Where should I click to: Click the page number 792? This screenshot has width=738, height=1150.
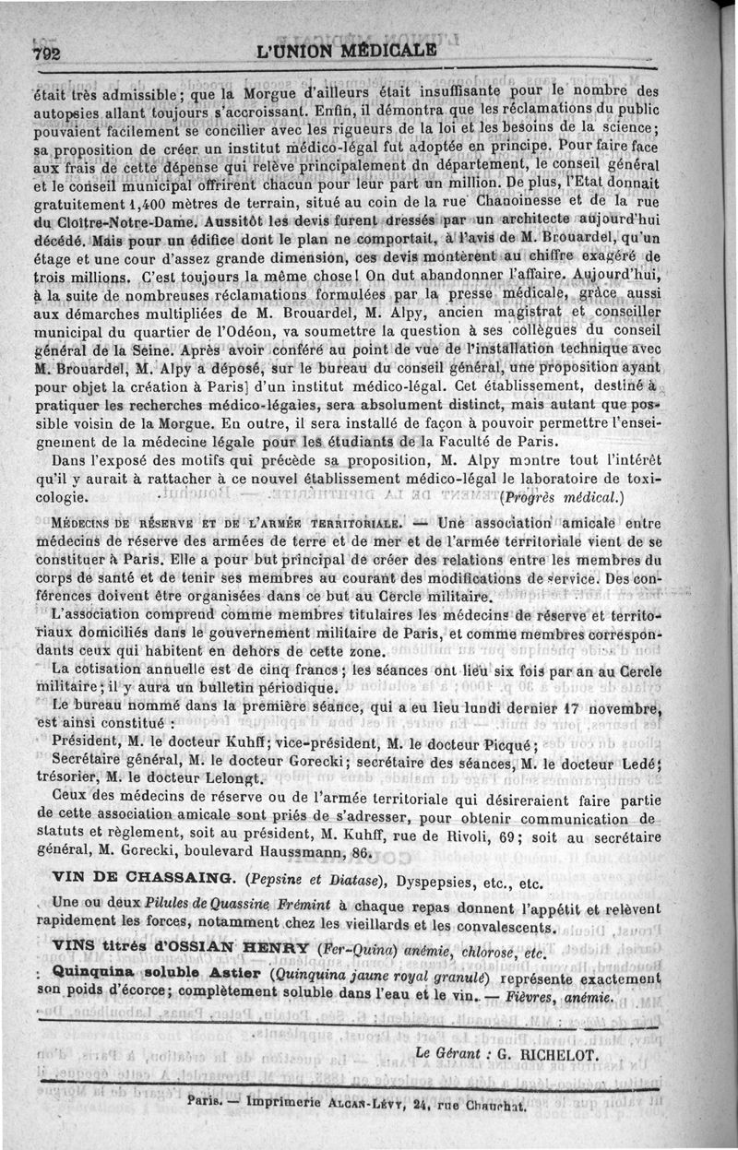point(46,53)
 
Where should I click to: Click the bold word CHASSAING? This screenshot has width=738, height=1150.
point(176,881)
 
